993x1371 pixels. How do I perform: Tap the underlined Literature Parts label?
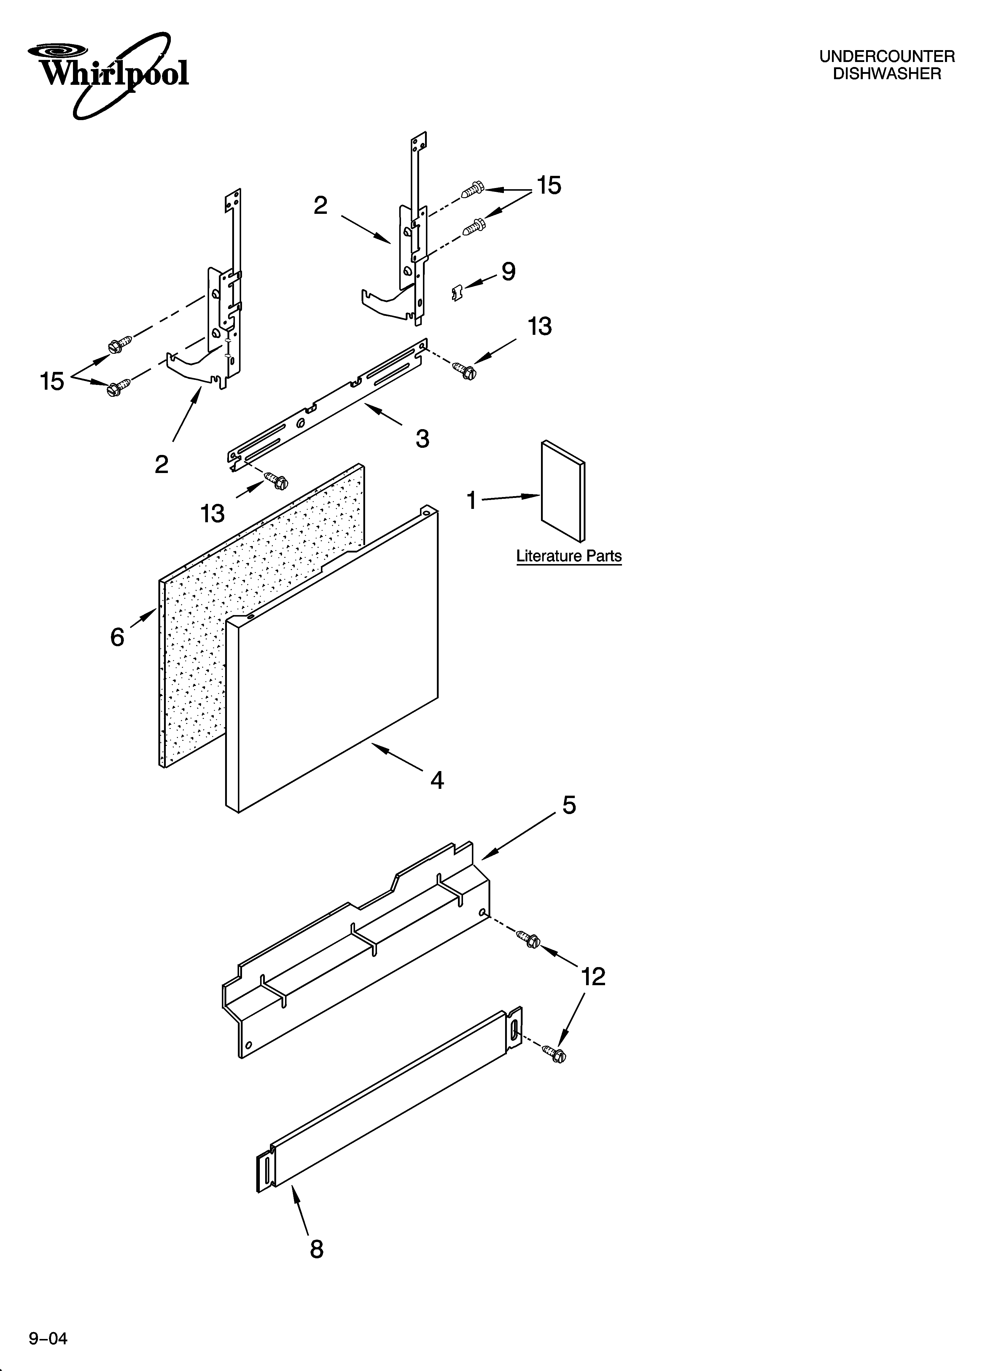[569, 556]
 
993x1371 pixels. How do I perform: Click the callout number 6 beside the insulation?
[117, 637]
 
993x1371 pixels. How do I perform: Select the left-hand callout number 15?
[52, 381]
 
